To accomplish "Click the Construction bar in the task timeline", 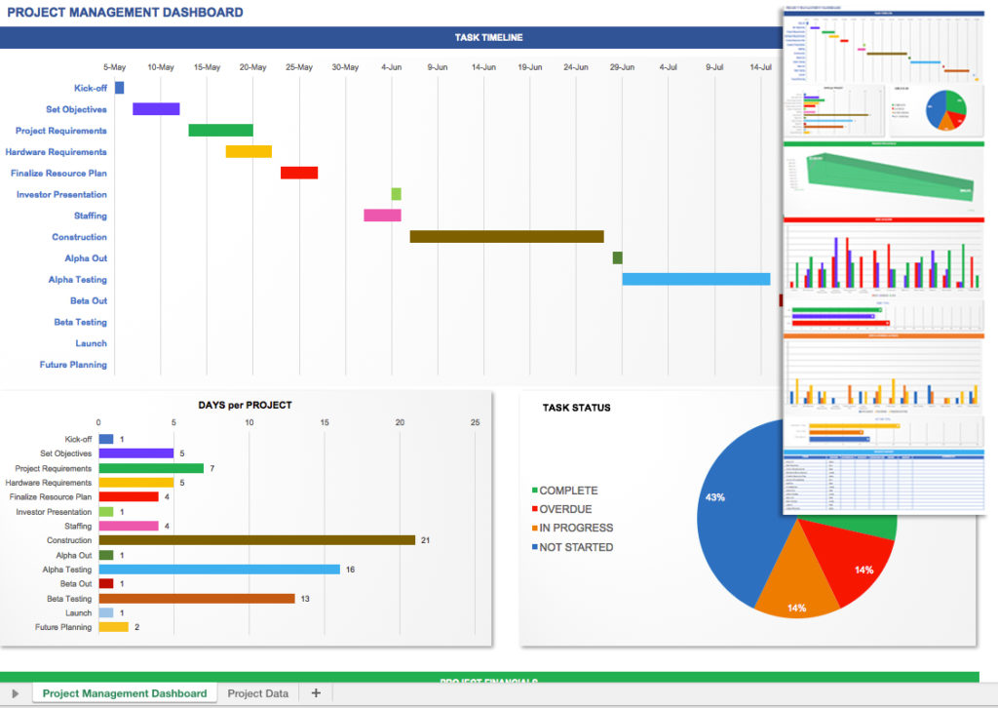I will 506,236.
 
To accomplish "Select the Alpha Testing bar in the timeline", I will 696,279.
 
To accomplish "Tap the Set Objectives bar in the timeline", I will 156,109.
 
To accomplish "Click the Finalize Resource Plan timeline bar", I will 299,173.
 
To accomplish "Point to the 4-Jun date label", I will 392,67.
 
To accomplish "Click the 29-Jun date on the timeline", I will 622,67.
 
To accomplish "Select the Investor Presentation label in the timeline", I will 61,194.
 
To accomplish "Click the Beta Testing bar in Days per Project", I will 197,599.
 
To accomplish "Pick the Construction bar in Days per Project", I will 257,540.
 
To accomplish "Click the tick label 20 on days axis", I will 400,422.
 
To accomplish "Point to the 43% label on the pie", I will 714,497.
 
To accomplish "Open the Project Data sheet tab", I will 257,693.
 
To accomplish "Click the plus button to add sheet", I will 316,693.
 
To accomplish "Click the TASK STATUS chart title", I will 577,408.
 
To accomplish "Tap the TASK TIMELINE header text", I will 488,37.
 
